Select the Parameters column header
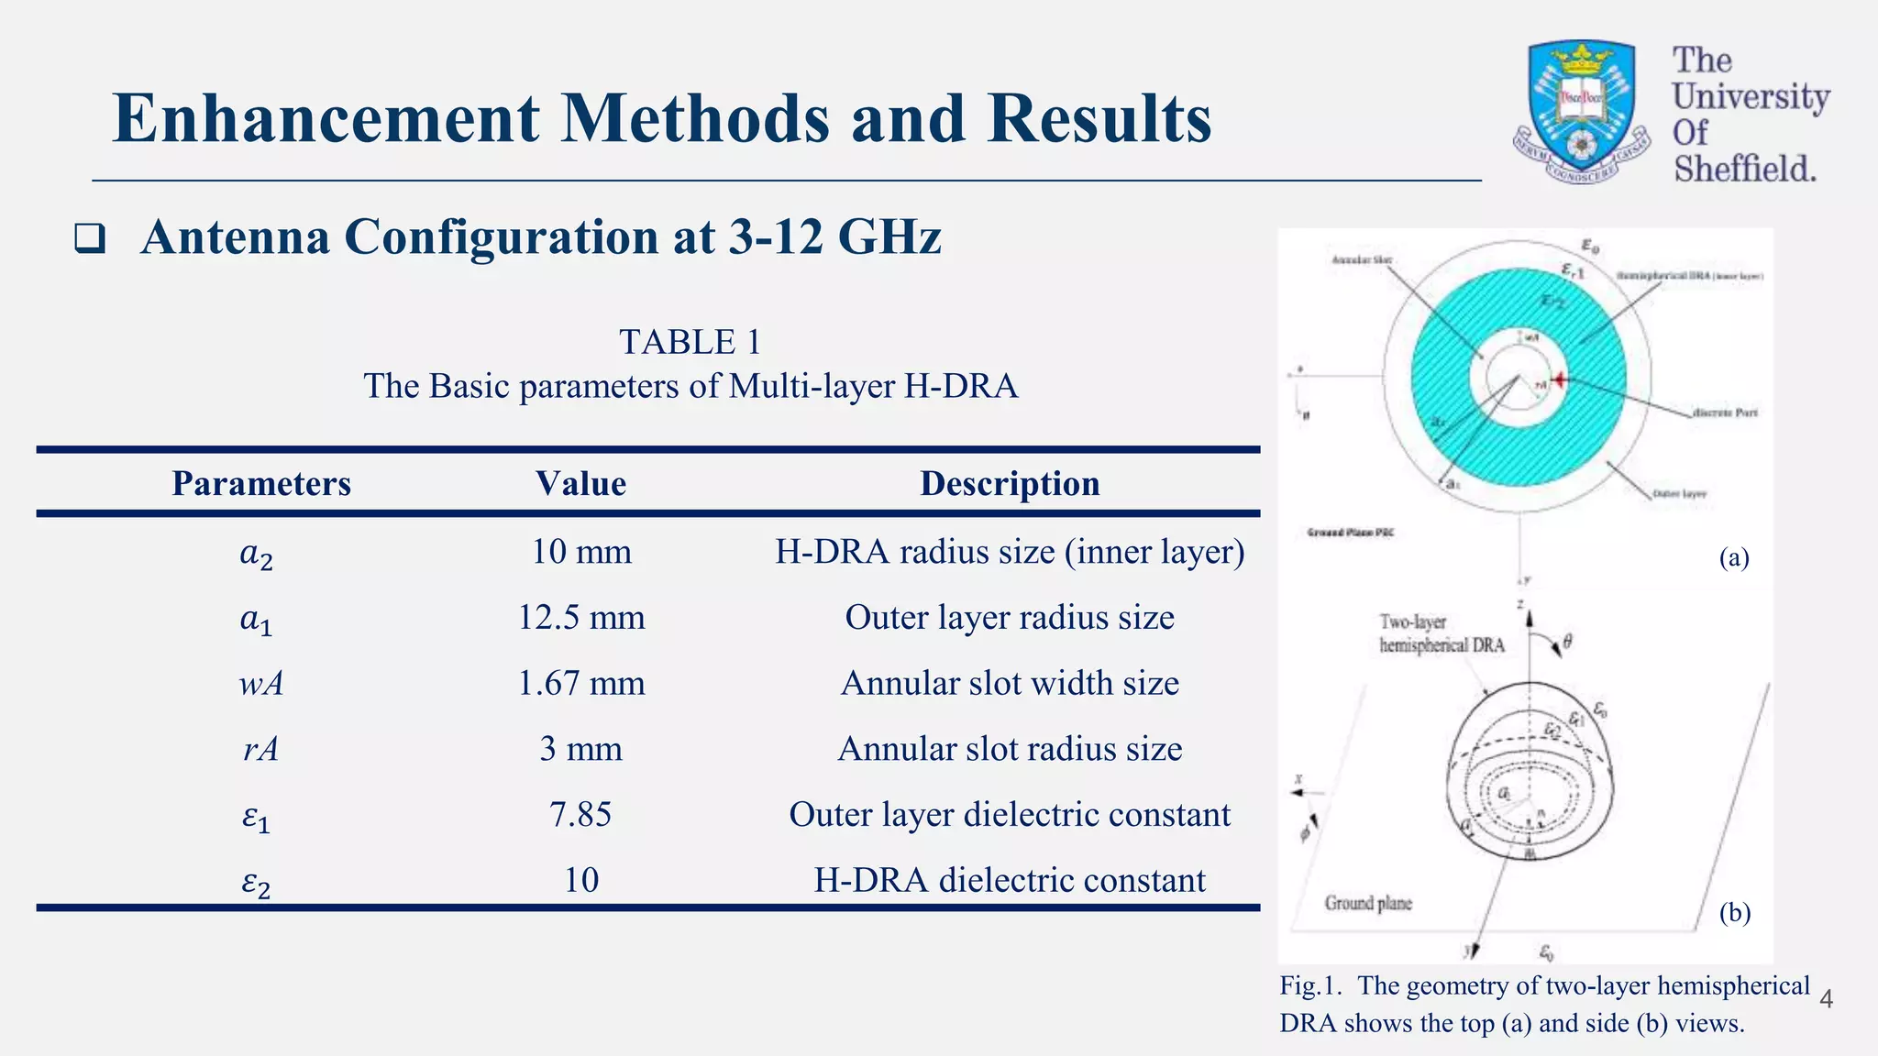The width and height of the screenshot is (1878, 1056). [261, 483]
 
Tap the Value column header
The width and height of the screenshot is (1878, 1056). [581, 483]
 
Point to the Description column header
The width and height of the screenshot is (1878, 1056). [1010, 483]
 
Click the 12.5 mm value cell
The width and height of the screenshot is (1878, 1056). [581, 617]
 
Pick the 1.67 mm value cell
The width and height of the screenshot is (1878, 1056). [581, 683]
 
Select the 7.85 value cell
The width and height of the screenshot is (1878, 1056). [581, 814]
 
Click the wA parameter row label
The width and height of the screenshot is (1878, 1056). [261, 684]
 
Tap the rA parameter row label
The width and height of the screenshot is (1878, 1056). [261, 749]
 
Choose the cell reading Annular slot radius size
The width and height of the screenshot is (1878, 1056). [1010, 749]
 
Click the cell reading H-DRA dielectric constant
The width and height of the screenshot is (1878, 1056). [1010, 880]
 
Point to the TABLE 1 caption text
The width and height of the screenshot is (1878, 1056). [690, 342]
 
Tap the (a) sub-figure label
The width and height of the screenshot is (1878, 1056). [1734, 557]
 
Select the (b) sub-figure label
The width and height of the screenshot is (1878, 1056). [1734, 913]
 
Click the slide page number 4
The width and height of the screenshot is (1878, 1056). [1826, 999]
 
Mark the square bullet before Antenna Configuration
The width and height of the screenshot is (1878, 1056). [89, 239]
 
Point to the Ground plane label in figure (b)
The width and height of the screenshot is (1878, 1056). [1368, 904]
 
